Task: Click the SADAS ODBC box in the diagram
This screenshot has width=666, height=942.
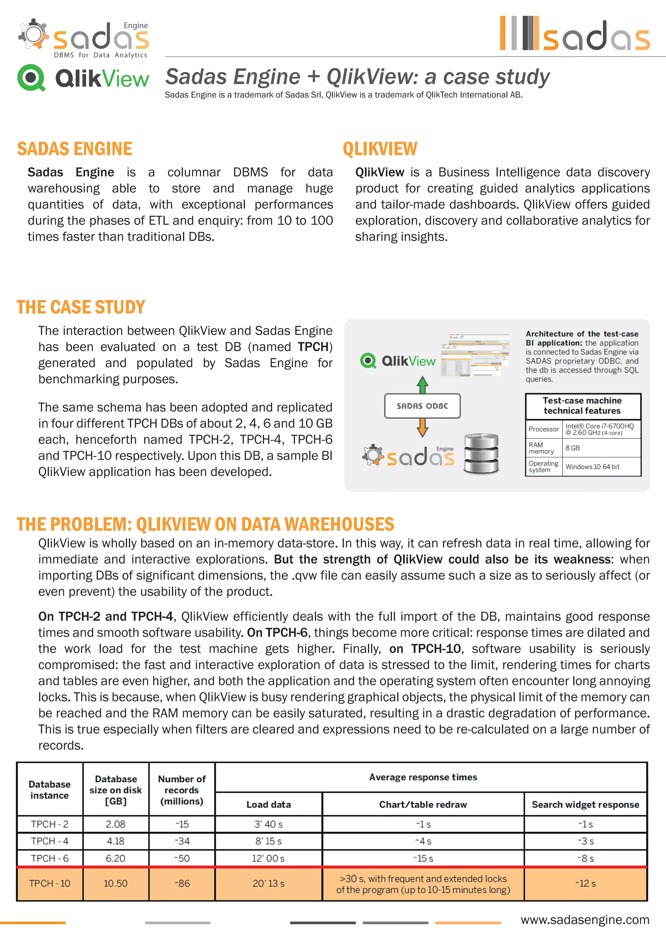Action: click(422, 406)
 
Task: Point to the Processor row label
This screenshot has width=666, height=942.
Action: click(543, 429)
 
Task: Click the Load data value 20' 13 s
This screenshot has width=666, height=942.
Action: click(268, 883)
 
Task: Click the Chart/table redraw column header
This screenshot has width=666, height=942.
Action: click(423, 804)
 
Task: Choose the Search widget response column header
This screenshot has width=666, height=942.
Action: click(585, 804)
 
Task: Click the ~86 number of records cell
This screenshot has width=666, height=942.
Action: click(182, 883)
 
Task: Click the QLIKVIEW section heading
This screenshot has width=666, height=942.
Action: click(380, 149)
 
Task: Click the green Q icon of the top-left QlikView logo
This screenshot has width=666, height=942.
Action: click(31, 77)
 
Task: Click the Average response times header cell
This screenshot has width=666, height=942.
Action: click(423, 777)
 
